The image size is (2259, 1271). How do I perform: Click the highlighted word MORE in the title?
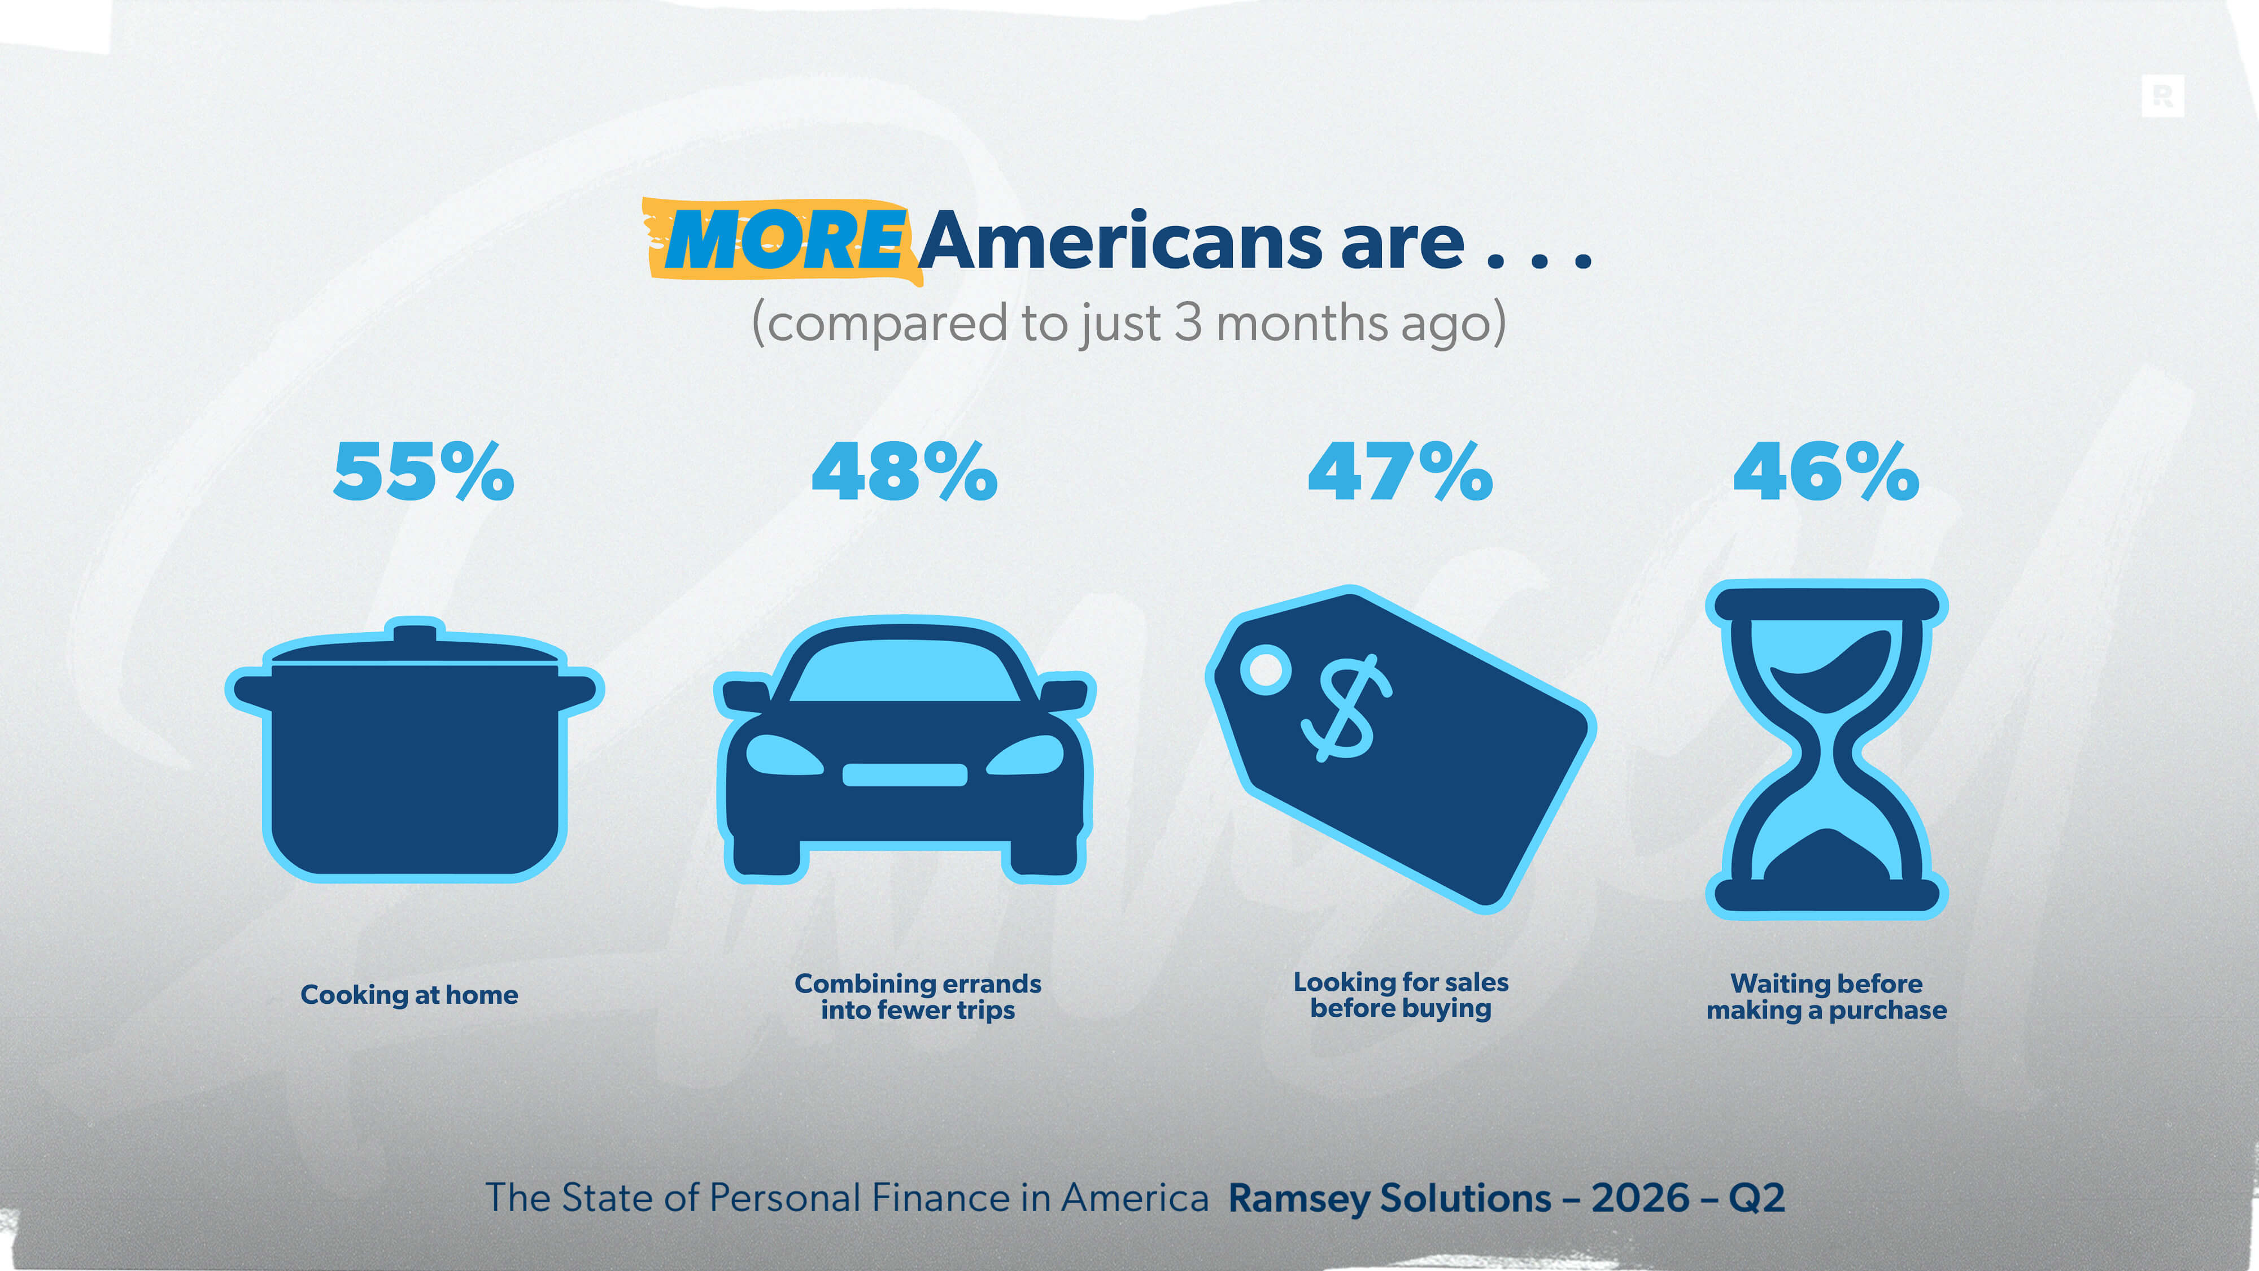pyautogui.click(x=784, y=240)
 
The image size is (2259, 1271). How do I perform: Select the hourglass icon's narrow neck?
pyautogui.click(x=1826, y=752)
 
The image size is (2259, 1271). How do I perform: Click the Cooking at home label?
pyautogui.click(x=409, y=995)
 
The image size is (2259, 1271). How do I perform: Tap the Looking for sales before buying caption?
pyautogui.click(x=1401, y=995)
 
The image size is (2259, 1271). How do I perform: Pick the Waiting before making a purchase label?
pyautogui.click(x=1826, y=996)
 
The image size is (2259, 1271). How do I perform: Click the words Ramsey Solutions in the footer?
pyautogui.click(x=1390, y=1198)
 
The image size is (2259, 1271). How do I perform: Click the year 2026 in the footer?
pyautogui.click(x=1641, y=1198)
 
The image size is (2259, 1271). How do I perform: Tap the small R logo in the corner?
pyautogui.click(x=2162, y=95)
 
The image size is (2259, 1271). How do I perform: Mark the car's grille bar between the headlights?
pyautogui.click(x=905, y=774)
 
